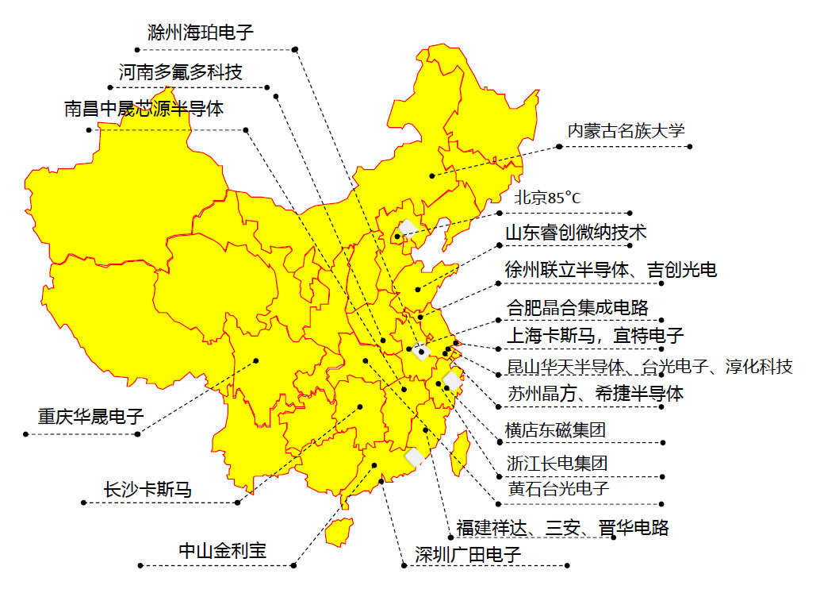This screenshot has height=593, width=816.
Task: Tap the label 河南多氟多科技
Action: coord(181,72)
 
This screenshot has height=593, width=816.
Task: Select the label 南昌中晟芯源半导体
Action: coord(144,109)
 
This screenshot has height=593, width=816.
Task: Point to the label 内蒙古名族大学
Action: coord(626,131)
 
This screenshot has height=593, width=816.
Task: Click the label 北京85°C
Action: coord(547,198)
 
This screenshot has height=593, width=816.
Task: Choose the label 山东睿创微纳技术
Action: coord(576,233)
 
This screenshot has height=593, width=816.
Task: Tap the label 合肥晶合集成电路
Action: coord(577,306)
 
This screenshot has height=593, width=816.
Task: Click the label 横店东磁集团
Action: coord(556,430)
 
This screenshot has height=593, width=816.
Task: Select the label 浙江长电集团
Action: coord(557,463)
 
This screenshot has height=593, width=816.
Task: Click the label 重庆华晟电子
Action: coord(91,416)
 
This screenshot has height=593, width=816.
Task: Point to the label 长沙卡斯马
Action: coord(147,489)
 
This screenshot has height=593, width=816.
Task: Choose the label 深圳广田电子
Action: coord(468,554)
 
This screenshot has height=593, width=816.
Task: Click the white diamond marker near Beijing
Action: coord(408,228)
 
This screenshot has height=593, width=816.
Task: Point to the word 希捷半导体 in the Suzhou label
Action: coord(641,393)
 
